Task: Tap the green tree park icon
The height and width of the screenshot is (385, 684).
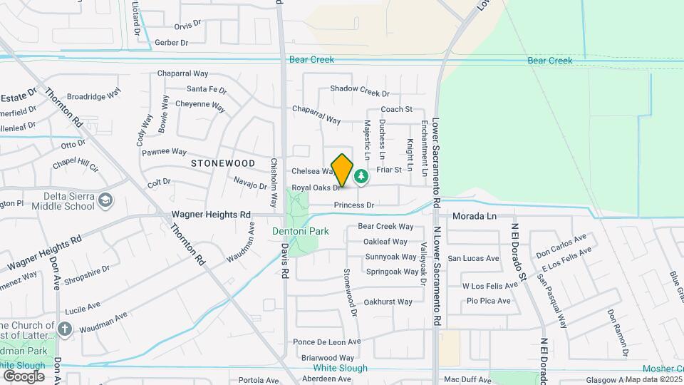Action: coord(361,176)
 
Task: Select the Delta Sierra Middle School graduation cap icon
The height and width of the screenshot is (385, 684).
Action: coord(105,199)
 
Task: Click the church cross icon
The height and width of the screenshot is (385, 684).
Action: coord(65,329)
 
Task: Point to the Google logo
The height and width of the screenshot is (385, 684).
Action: coord(24,376)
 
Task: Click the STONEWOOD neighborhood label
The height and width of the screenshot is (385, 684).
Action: coord(223,163)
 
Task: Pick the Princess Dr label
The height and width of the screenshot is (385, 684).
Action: coord(355,205)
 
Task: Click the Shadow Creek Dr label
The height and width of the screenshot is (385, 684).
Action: coord(360,92)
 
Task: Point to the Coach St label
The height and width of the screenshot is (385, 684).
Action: coord(397,109)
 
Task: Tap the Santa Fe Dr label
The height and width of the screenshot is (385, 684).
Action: coord(207,90)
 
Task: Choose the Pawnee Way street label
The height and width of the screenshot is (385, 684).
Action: coord(164,152)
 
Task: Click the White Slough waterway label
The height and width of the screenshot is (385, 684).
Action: coord(341,368)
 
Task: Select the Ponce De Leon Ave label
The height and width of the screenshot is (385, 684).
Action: coord(327,342)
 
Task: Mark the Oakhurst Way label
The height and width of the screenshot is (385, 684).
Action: coord(388,302)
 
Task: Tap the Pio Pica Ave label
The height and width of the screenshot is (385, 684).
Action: coord(489,301)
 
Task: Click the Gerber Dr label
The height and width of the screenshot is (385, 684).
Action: coord(171,43)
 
